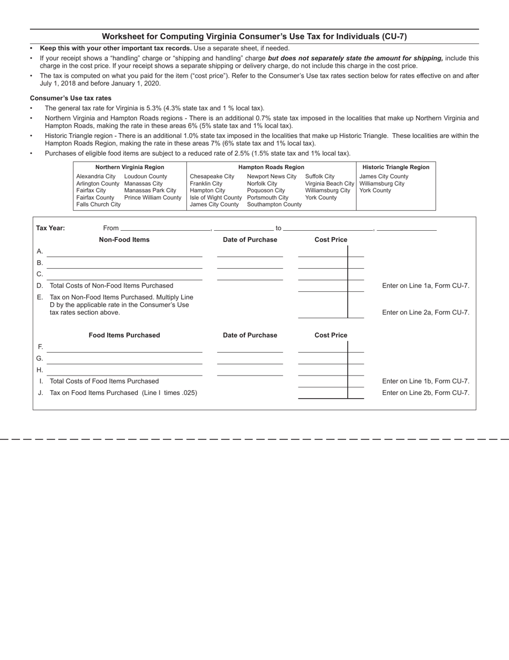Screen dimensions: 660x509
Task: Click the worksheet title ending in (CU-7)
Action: point(254,36)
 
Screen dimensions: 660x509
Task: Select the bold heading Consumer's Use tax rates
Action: point(71,98)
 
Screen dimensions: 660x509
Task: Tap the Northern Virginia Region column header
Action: point(130,167)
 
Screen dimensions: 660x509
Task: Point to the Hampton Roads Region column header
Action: point(271,167)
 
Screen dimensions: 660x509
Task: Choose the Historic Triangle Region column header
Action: point(396,167)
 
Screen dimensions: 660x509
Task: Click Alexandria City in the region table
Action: point(96,177)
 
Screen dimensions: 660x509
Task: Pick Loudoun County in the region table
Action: point(146,177)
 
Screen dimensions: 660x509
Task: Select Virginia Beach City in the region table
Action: point(330,184)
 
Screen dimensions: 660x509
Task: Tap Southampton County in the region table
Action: point(274,204)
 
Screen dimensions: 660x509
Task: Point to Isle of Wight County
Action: point(216,197)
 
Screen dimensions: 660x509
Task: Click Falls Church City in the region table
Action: point(99,204)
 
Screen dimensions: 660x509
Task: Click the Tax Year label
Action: point(50,228)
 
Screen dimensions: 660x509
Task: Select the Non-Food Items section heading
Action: point(124,240)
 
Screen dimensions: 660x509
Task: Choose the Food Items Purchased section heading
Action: point(124,335)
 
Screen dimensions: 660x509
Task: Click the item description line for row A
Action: point(124,252)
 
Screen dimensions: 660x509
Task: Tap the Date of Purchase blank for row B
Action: point(250,263)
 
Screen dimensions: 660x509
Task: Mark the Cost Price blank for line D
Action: point(323,286)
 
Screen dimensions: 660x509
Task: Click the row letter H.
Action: point(40,370)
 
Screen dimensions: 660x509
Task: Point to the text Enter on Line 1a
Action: point(425,285)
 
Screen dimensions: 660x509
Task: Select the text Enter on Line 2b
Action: point(425,393)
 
